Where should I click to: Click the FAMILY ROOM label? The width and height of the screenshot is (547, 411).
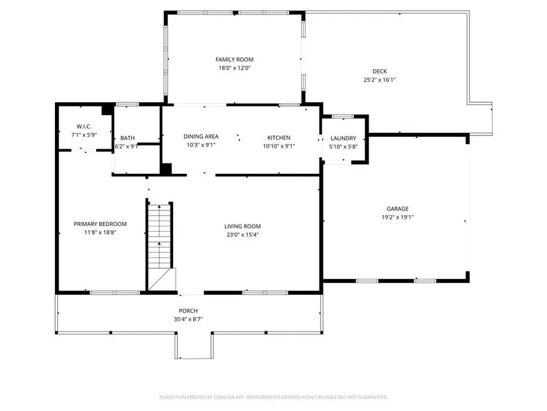tap(235, 60)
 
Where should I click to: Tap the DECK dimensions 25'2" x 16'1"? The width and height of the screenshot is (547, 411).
tap(379, 80)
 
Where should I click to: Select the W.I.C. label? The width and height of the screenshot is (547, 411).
tap(84, 127)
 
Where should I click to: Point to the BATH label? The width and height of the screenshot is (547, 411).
tap(127, 138)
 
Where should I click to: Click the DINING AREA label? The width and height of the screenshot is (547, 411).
tap(201, 137)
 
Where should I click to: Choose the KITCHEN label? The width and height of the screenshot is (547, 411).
tap(278, 137)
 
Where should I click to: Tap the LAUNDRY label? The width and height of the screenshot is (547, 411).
tap(343, 138)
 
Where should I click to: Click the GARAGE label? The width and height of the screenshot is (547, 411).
tap(397, 208)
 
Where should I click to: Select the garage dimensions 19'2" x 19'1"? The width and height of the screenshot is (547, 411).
tap(397, 217)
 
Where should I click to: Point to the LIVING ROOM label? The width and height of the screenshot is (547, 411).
tap(243, 226)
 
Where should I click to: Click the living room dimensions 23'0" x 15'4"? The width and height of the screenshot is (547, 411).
tap(243, 235)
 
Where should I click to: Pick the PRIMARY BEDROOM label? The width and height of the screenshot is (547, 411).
tap(100, 224)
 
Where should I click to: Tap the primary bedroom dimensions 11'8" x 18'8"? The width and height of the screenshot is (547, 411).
tap(100, 232)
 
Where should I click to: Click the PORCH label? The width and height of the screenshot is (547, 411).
tap(188, 311)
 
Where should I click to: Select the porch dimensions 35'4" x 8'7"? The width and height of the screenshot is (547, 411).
tap(188, 319)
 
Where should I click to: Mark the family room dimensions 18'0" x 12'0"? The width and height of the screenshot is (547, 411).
tap(235, 68)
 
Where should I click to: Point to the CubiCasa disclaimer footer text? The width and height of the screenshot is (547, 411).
tap(273, 397)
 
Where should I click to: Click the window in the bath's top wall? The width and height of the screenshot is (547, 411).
tap(127, 104)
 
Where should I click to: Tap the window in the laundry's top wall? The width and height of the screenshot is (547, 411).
tap(343, 116)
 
